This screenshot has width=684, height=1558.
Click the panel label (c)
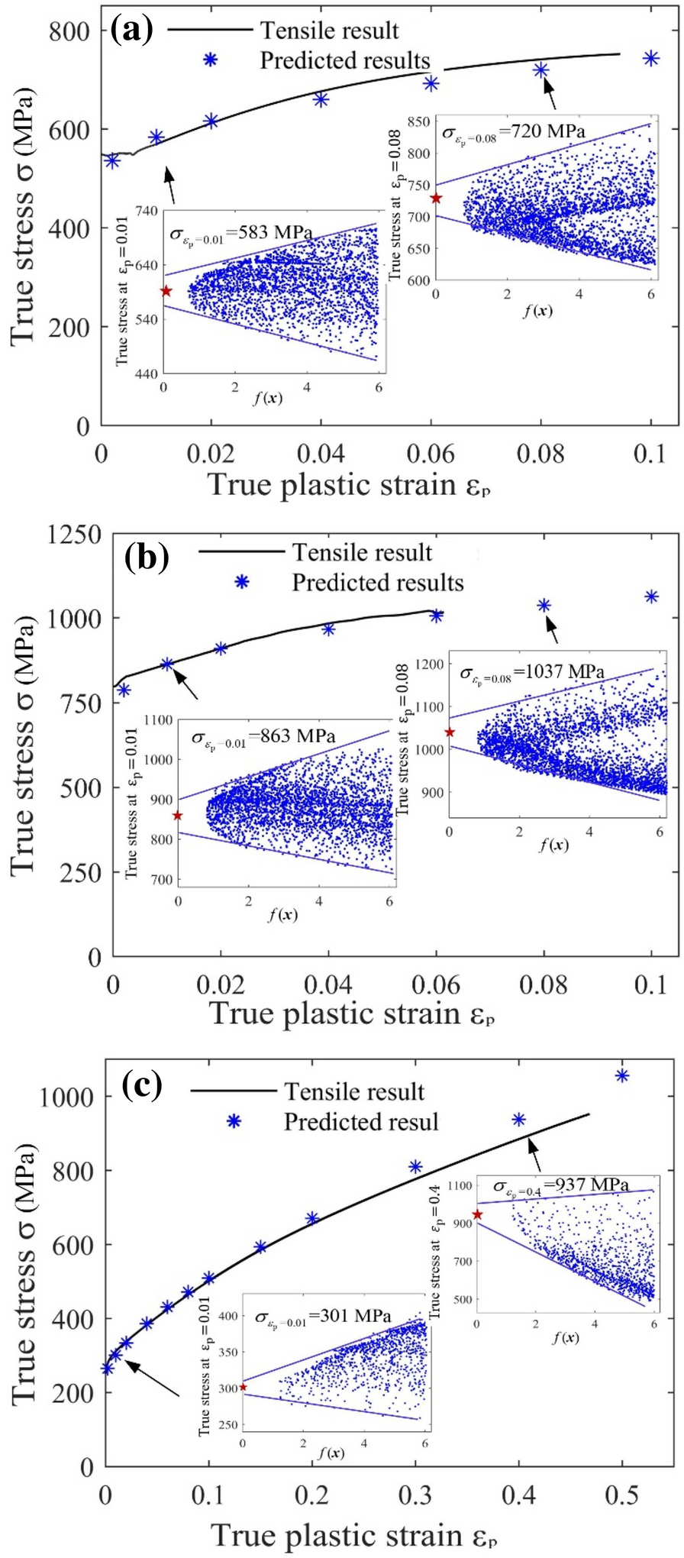(x=142, y=1085)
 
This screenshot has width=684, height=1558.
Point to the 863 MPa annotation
(x=263, y=738)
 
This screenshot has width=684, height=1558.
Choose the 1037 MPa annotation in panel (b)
(x=532, y=673)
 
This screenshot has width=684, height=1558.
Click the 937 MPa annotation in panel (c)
(x=561, y=1185)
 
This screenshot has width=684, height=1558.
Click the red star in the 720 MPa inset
(x=436, y=199)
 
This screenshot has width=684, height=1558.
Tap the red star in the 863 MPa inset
(x=178, y=816)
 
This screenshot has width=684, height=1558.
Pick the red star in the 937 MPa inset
(x=478, y=1214)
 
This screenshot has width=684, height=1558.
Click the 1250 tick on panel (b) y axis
(x=74, y=535)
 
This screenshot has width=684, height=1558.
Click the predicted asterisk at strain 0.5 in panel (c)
(x=622, y=1076)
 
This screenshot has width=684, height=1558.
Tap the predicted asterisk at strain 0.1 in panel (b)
(x=651, y=596)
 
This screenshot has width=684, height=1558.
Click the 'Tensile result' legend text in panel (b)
(x=363, y=553)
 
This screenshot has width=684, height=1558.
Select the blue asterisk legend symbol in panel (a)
(x=210, y=60)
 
